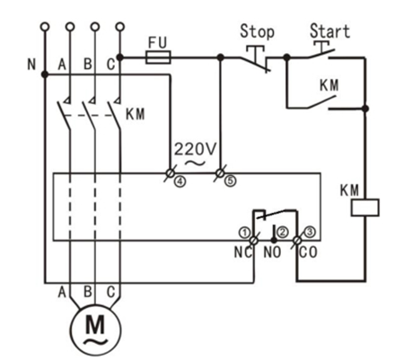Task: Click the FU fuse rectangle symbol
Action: click(x=158, y=57)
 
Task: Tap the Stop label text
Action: click(x=257, y=31)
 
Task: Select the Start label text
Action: click(x=329, y=31)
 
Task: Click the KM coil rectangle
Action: click(x=364, y=207)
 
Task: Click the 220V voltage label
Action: click(x=195, y=149)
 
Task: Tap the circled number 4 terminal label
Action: click(x=180, y=180)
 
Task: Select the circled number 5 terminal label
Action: click(x=231, y=180)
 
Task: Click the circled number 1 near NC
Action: click(x=244, y=233)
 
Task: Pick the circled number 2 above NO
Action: click(x=283, y=233)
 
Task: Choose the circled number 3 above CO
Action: click(x=310, y=232)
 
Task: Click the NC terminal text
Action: click(x=243, y=252)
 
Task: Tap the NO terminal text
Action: click(x=272, y=252)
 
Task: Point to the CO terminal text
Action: click(x=308, y=252)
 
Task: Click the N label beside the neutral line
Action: click(x=31, y=65)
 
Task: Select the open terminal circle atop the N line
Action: click(x=45, y=27)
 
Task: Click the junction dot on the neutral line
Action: click(x=45, y=75)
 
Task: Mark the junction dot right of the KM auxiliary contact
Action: click(x=364, y=109)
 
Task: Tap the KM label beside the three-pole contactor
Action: click(x=136, y=114)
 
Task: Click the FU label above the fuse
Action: click(x=157, y=42)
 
